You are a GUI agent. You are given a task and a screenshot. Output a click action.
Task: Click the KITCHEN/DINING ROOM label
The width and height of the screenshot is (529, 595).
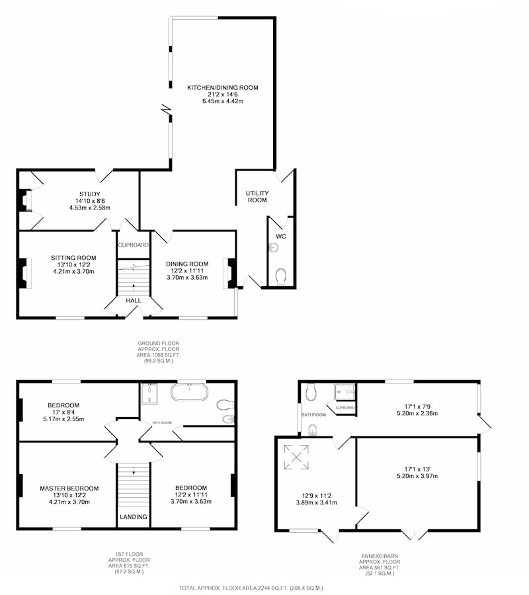pyautogui.click(x=222, y=88)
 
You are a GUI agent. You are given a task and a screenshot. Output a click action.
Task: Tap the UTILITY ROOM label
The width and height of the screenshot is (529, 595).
pyautogui.click(x=257, y=196)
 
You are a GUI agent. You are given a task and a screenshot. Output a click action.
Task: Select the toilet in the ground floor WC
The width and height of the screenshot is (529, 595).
pyautogui.click(x=281, y=276)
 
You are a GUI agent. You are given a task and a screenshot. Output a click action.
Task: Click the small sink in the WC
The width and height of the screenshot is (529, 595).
pyautogui.click(x=273, y=248)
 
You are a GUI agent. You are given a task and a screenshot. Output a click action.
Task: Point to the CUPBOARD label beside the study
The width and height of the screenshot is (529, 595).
pyautogui.click(x=133, y=245)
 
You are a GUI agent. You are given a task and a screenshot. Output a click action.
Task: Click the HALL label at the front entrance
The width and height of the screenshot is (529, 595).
pyautogui.click(x=133, y=301)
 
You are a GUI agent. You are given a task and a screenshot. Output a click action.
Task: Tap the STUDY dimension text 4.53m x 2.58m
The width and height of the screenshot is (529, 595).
pyautogui.click(x=90, y=208)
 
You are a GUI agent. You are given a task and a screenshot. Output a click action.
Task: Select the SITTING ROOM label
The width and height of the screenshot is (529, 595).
pyautogui.click(x=73, y=258)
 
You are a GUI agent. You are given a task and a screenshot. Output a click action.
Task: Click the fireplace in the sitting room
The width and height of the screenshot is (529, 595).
pyautogui.click(x=24, y=273)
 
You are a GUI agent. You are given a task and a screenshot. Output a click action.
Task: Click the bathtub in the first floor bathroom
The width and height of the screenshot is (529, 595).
pyautogui.click(x=189, y=392)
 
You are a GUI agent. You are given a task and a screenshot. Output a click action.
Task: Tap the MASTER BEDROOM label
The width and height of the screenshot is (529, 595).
pyautogui.click(x=69, y=489)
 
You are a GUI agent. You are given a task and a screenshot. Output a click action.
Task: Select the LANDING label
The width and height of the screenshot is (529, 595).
pyautogui.click(x=133, y=517)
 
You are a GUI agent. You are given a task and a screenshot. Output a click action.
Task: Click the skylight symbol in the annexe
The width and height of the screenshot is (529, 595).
pyautogui.click(x=296, y=457)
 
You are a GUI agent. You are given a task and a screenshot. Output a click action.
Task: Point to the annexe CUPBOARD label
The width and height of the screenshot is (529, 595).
pyautogui.click(x=345, y=407)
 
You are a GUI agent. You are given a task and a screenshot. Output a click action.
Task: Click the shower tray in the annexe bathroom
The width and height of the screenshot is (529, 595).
pyautogui.click(x=345, y=392)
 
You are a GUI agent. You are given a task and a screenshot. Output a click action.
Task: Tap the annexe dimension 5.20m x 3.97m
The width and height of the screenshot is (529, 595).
pyautogui.click(x=417, y=476)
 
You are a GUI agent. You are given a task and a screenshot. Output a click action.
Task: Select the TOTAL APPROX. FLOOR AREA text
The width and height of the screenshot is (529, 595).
pyautogui.click(x=251, y=588)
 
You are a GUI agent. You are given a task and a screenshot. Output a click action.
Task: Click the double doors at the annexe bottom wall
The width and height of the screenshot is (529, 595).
pyautogui.click(x=415, y=534)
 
